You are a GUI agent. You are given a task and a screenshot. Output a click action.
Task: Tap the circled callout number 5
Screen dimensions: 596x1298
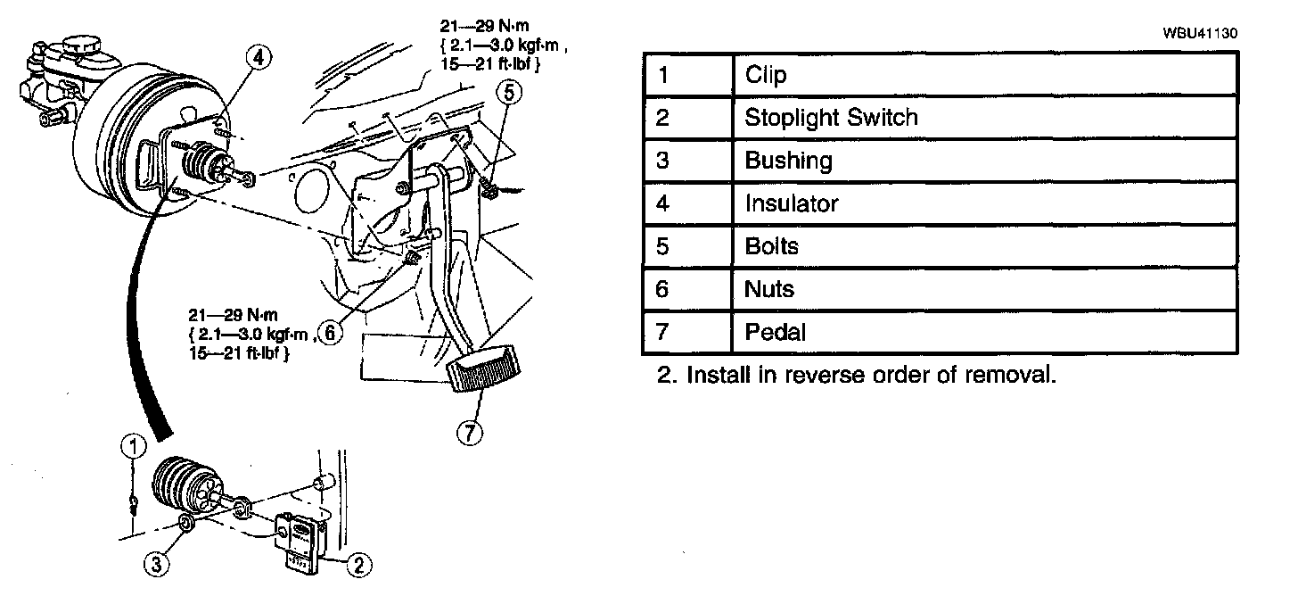pyautogui.click(x=507, y=90)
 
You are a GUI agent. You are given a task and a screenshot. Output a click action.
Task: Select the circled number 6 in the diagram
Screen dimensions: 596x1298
pyautogui.click(x=330, y=333)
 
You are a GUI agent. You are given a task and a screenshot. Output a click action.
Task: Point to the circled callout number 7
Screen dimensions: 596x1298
pyautogui.click(x=469, y=433)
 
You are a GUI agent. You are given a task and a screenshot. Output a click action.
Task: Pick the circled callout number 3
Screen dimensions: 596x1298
pyautogui.click(x=156, y=562)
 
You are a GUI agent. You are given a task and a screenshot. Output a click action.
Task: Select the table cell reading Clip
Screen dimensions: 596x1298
pyautogui.click(x=766, y=75)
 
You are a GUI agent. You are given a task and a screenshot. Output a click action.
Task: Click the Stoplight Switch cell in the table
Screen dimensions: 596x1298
pyautogui.click(x=831, y=118)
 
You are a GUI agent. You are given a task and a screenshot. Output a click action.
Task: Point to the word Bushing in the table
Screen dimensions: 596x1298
pyautogui.click(x=788, y=161)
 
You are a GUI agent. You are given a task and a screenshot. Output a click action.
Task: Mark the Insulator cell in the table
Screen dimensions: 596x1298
pyautogui.click(x=792, y=203)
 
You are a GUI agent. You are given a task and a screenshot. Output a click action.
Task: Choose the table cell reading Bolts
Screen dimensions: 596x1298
pyautogui.click(x=771, y=246)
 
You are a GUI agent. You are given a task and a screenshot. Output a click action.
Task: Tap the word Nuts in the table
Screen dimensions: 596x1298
pyautogui.click(x=768, y=289)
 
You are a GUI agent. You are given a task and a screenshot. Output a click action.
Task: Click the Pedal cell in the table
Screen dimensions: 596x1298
pyautogui.click(x=775, y=332)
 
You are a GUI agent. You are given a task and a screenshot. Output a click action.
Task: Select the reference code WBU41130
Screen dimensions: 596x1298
pyautogui.click(x=1200, y=33)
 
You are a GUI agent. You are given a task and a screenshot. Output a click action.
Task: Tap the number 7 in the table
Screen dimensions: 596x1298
pyautogui.click(x=661, y=332)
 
